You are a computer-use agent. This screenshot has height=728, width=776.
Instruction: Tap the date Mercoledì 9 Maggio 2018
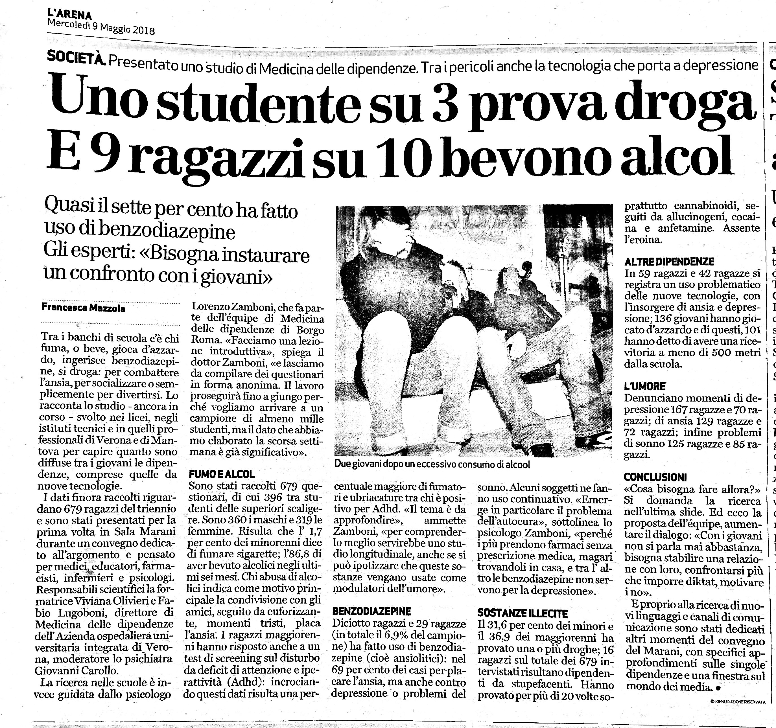click(101, 27)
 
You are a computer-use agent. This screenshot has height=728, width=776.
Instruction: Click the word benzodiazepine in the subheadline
click(166, 232)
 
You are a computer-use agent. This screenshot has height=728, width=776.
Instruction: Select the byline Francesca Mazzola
click(84, 308)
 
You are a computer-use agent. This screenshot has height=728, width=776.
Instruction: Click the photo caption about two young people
click(432, 465)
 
